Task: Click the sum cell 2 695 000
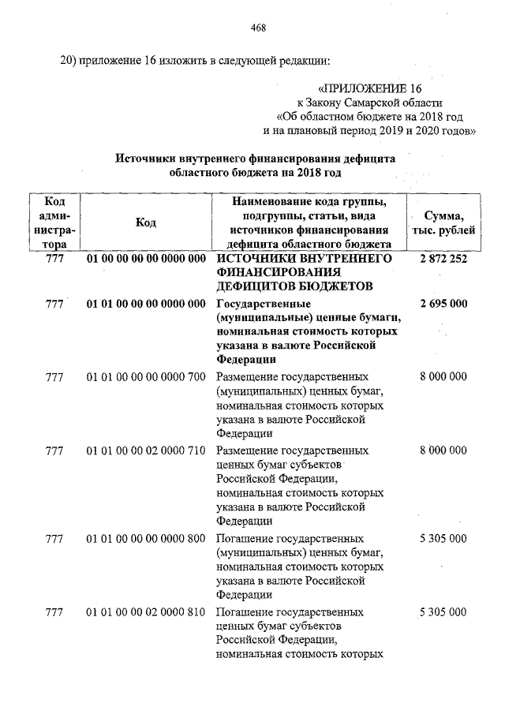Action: point(443,304)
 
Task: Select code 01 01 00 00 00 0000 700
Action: point(146,377)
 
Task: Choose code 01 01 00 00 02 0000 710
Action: point(146,450)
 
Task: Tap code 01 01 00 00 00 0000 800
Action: point(146,538)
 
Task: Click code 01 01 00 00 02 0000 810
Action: point(146,612)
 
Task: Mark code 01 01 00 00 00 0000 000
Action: point(146,304)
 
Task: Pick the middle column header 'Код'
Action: point(145,222)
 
